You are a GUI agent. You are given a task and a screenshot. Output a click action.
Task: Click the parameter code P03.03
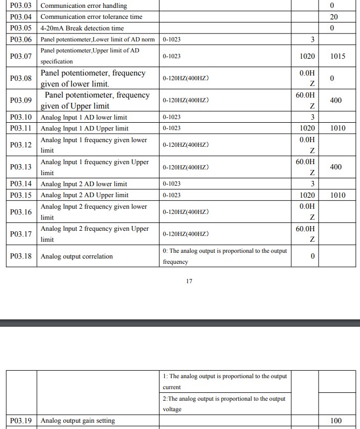[x=21, y=6]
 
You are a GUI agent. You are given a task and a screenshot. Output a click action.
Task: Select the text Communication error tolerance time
[x=91, y=17]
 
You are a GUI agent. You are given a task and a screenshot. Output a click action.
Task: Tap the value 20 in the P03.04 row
[x=334, y=17]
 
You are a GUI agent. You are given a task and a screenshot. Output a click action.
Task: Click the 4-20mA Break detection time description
[x=82, y=28]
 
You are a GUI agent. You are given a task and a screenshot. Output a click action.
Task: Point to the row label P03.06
[x=21, y=40]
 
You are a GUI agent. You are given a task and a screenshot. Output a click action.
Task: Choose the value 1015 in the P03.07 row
[x=338, y=56]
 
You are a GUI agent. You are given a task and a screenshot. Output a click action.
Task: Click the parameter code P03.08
[x=21, y=78]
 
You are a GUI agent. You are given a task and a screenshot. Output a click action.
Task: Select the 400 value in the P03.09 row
[x=336, y=101]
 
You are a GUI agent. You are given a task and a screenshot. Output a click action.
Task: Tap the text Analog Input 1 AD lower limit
[x=84, y=117]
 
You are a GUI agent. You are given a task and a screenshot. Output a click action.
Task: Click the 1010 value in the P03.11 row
[x=338, y=128]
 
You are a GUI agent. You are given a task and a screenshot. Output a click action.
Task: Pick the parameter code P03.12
[x=21, y=145]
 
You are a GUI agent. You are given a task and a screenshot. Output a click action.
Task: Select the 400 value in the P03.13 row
[x=336, y=167]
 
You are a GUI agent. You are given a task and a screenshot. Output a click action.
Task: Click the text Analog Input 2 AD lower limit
[x=84, y=184]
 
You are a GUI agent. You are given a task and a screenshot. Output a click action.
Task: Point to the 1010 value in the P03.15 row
[x=338, y=195]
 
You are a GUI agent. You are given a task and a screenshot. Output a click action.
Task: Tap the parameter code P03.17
[x=21, y=234]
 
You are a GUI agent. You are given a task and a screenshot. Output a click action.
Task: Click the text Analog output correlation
[x=77, y=256]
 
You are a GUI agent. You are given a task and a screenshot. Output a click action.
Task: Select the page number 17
[x=189, y=281]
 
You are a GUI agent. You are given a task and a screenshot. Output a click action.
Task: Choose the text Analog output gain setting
[x=78, y=421]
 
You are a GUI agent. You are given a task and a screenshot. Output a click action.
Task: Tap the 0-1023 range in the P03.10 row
[x=172, y=117]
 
